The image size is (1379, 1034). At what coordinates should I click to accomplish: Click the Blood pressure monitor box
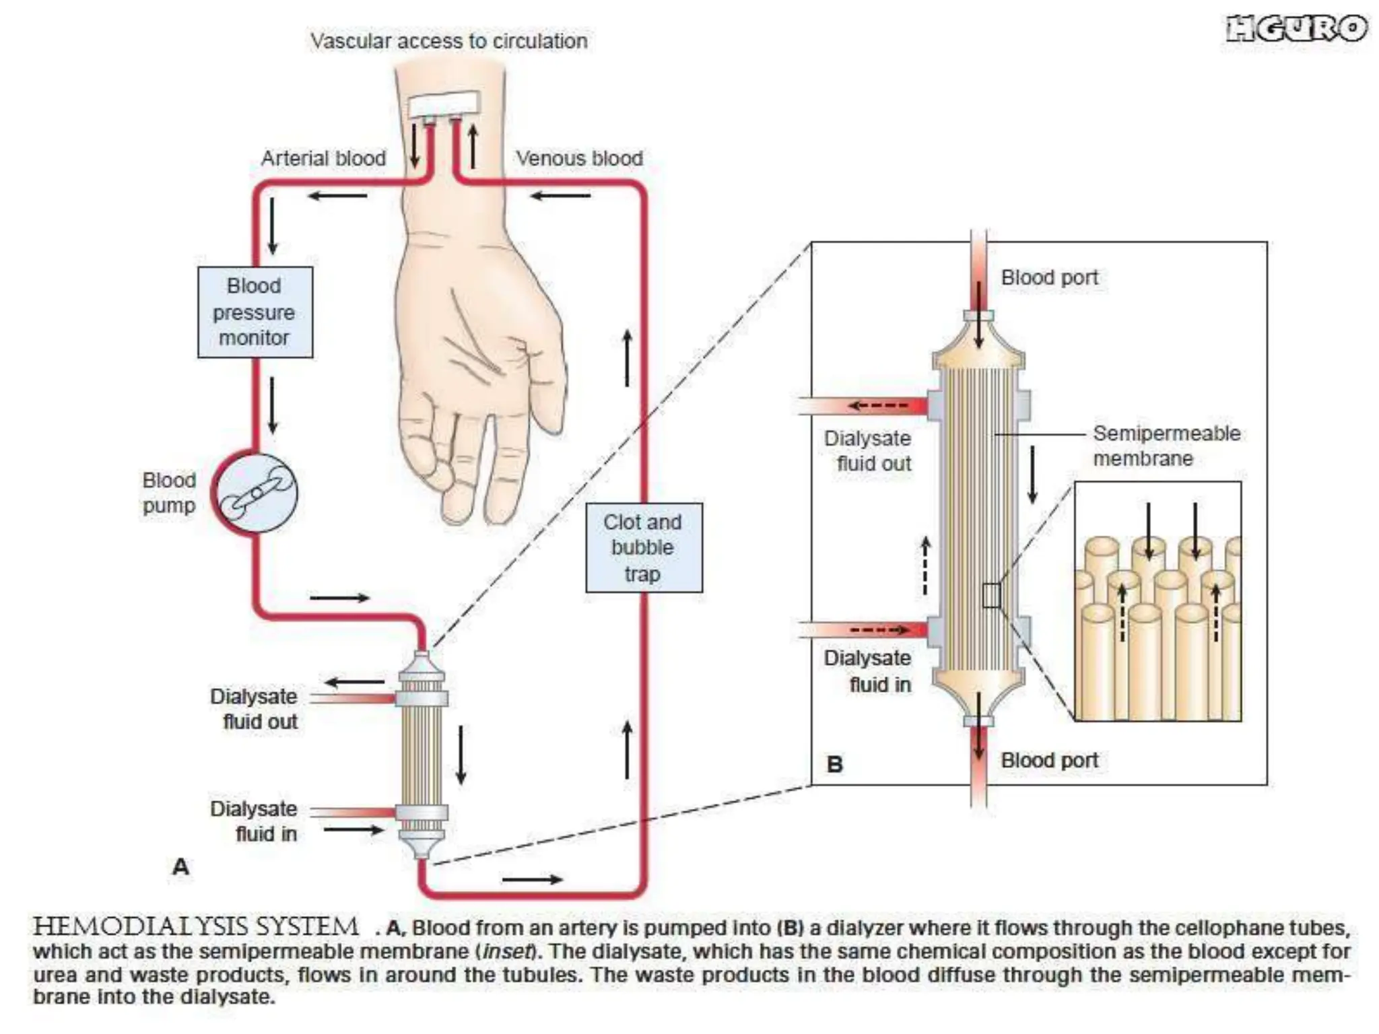[255, 312]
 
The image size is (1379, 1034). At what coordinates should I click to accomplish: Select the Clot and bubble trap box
[643, 547]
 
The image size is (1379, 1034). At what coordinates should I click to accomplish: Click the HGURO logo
[1296, 29]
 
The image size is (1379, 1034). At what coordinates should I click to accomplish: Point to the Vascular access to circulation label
[448, 41]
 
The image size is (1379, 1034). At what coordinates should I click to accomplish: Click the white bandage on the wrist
[443, 104]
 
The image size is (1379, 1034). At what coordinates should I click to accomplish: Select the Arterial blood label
[323, 158]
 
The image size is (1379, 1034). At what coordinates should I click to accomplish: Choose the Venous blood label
[579, 158]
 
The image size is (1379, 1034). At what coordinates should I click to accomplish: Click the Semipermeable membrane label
[1166, 446]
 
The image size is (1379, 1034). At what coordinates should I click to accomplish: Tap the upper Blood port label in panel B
[1049, 277]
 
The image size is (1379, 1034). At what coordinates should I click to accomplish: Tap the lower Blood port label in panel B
[1049, 760]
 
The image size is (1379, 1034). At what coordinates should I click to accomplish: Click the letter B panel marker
[834, 765]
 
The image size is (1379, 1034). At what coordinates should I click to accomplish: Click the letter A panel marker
[180, 866]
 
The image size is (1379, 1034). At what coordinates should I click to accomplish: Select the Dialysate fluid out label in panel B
[869, 450]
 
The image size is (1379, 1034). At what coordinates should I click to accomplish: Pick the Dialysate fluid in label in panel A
[255, 821]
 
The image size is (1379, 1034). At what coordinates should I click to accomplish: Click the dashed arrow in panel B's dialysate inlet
[879, 630]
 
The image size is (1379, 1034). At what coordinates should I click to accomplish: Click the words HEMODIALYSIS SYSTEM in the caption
[195, 927]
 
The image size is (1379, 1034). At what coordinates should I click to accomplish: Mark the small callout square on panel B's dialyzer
[991, 596]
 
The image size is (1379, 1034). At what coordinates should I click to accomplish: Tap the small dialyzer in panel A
[422, 754]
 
